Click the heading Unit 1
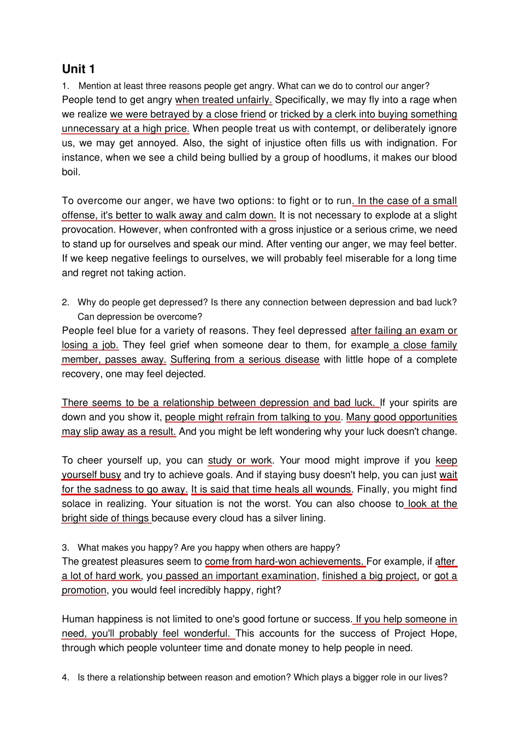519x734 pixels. point(78,69)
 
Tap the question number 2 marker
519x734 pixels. point(66,302)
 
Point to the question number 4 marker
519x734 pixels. point(66,677)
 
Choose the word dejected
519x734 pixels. point(185,374)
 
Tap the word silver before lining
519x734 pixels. point(278,518)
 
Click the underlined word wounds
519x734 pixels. point(334,489)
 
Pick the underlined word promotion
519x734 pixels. point(84,590)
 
